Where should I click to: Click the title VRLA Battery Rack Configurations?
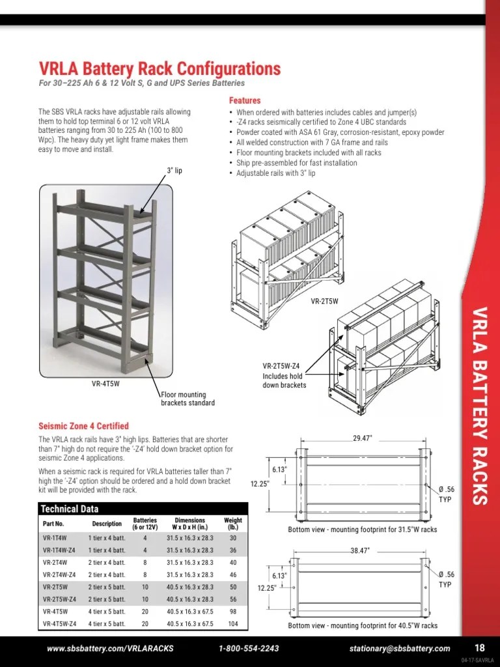tap(160, 68)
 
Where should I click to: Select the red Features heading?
tap(245, 101)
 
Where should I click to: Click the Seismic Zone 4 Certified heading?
tap(83, 426)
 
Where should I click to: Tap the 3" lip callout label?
tap(173, 171)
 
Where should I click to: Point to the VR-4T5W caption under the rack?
tap(105, 384)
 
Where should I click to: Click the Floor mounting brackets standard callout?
tap(184, 399)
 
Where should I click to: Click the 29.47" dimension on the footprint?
tap(362, 438)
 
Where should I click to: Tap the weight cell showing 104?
tap(232, 623)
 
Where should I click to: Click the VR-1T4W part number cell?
tap(55, 538)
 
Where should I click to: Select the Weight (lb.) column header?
tap(232, 523)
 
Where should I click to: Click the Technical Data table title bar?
tap(143, 509)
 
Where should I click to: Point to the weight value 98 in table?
tap(232, 612)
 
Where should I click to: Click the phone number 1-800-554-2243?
tap(249, 648)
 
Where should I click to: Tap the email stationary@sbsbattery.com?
tap(399, 648)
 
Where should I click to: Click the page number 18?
tap(479, 647)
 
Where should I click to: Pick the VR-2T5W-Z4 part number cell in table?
tap(59, 599)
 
